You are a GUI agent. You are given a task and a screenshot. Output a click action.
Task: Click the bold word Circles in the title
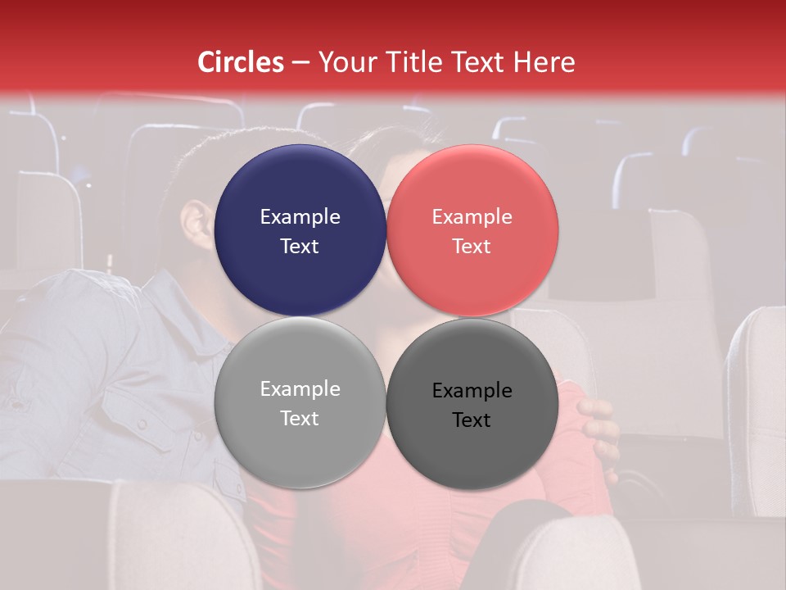(x=240, y=62)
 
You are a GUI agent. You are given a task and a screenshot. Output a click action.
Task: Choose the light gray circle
(x=300, y=402)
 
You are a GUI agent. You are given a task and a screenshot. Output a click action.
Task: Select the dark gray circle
(x=472, y=402)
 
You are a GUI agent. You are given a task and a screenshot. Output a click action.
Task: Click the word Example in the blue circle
(x=300, y=217)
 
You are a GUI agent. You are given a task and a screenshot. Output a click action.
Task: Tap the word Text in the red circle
(x=472, y=247)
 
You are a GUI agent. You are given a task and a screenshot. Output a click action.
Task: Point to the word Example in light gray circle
(x=300, y=389)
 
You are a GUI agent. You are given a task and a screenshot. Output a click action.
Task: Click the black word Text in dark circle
(x=472, y=420)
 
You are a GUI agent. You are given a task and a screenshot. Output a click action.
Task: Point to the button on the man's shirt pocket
(x=142, y=424)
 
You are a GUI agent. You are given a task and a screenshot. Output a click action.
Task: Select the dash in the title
(x=300, y=63)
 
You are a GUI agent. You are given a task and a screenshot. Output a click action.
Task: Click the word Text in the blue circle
(x=300, y=247)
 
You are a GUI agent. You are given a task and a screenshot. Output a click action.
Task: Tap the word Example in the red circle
(x=472, y=217)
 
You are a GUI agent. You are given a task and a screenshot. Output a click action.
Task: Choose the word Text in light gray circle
(x=300, y=419)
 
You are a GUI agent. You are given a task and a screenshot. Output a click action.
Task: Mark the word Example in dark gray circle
(x=472, y=391)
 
